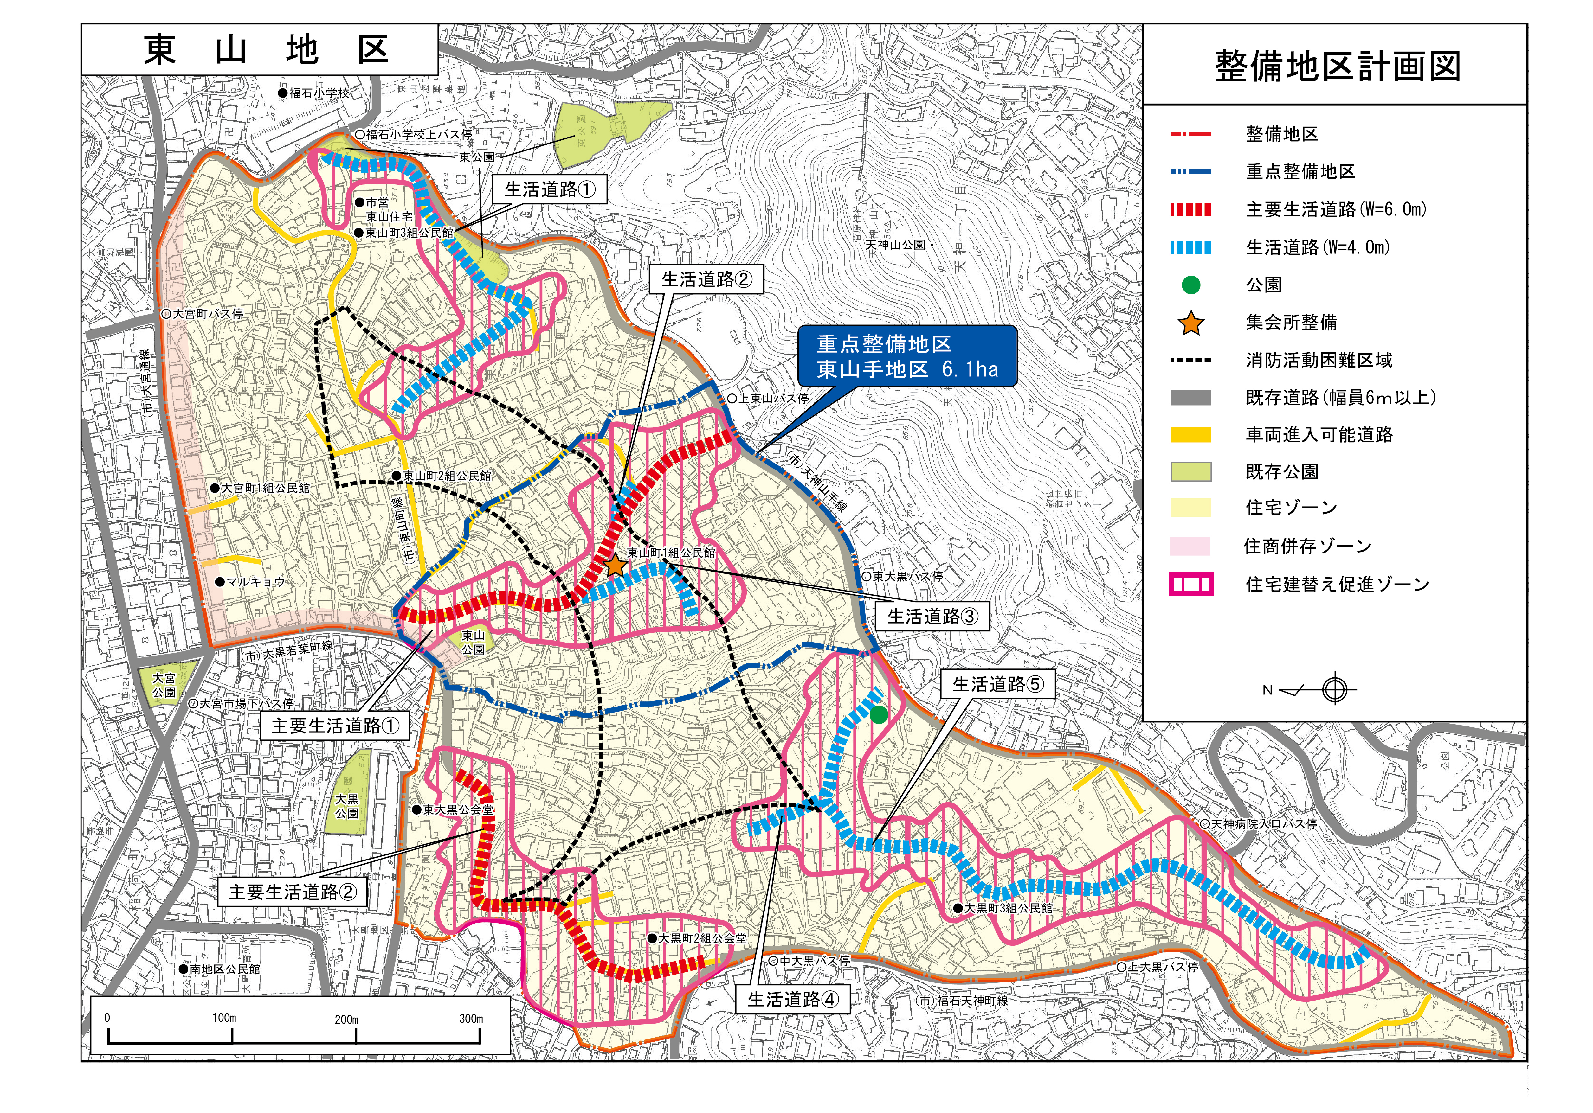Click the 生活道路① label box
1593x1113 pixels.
550,189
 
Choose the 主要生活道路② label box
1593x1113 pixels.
293,892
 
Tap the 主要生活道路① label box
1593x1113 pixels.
335,726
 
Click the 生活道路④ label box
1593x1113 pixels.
792,999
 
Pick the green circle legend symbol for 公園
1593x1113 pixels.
1190,285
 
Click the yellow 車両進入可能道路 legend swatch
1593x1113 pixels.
1190,435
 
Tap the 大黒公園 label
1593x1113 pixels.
347,807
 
